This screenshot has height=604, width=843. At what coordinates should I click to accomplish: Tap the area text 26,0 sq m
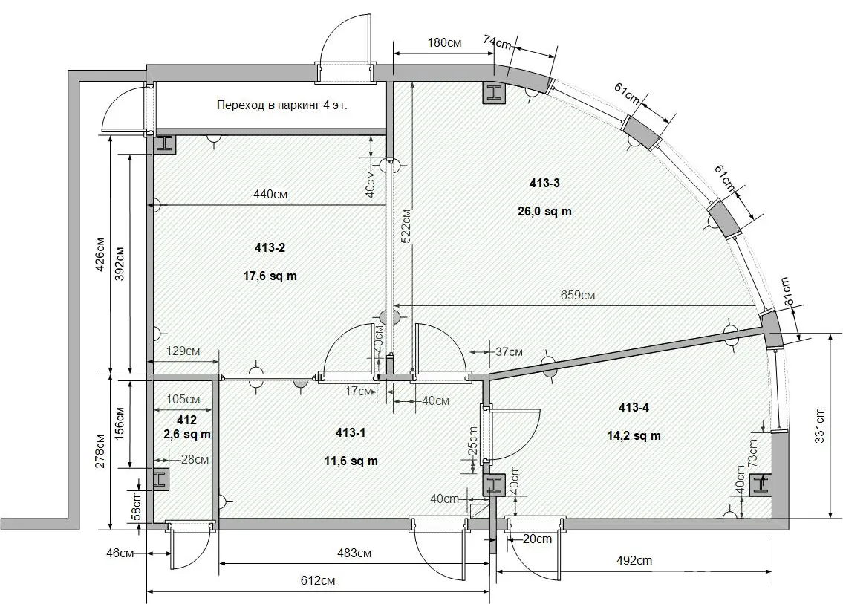544,211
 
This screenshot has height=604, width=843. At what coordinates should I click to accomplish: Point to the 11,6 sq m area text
351,461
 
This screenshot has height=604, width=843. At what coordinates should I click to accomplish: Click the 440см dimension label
270,194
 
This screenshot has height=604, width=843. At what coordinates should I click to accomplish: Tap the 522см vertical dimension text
406,230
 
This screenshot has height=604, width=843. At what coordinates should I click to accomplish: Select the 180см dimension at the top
444,42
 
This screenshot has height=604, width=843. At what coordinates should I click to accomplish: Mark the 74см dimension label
498,42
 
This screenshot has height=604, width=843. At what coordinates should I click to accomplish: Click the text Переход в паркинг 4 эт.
281,105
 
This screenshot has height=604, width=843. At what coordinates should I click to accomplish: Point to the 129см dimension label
183,351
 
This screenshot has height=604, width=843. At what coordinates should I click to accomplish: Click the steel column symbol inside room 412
160,480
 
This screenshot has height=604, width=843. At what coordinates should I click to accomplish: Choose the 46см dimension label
120,553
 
